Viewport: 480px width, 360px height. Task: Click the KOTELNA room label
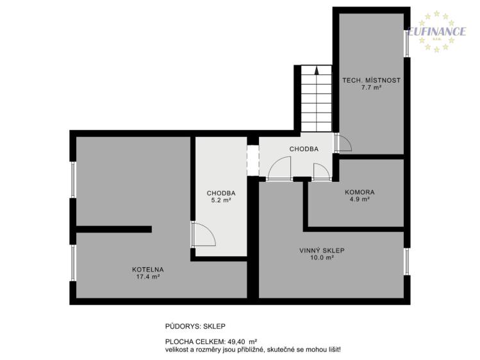[x=148, y=270]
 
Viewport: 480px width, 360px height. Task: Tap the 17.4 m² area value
[x=148, y=277]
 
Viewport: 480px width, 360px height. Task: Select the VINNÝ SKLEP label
[x=322, y=250]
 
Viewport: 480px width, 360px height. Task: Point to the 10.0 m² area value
[x=322, y=258]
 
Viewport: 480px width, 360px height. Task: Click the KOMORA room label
[x=360, y=192]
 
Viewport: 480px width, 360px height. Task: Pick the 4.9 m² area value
[x=360, y=199]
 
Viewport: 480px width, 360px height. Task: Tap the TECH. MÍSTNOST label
[x=371, y=81]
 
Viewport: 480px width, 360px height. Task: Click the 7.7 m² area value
[x=371, y=88]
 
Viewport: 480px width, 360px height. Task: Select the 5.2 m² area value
[x=221, y=200]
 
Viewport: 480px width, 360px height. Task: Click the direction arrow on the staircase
[x=317, y=70]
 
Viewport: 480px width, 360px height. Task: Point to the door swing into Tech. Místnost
[x=343, y=142]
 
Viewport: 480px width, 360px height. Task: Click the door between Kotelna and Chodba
[x=203, y=234]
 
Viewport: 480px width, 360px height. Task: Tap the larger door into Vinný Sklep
[x=279, y=168]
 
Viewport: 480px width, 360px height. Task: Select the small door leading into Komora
[x=322, y=172]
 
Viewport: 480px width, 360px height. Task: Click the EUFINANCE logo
[x=436, y=31]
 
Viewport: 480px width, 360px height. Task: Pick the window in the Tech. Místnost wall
[x=407, y=43]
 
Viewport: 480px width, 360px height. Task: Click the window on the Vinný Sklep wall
[x=407, y=261]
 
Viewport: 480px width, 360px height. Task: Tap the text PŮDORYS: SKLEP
[x=195, y=326]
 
